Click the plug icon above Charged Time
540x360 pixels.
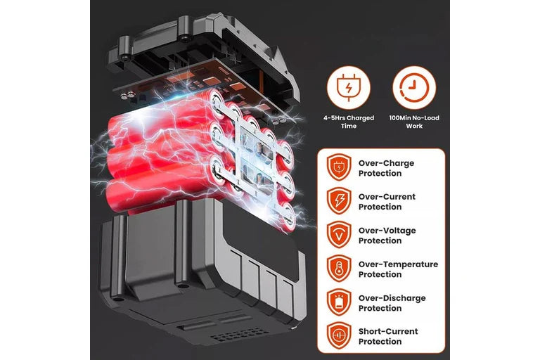[x=348, y=87]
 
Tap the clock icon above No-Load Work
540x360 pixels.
[x=413, y=87]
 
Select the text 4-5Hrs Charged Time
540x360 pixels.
[x=349, y=122]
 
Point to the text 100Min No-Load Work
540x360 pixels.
[x=414, y=122]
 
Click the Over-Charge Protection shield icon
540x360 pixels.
[x=339, y=168]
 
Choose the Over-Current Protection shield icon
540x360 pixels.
[x=339, y=202]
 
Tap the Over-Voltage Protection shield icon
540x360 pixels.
[x=339, y=236]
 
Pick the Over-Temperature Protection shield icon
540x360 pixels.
[x=339, y=269]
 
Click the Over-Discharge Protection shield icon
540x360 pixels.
[x=339, y=303]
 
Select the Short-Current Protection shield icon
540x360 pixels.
[x=339, y=336]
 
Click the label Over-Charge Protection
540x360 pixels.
[x=386, y=168]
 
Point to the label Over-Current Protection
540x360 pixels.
[x=387, y=202]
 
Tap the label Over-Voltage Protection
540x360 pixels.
[x=387, y=236]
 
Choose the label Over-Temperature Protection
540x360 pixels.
[x=398, y=269]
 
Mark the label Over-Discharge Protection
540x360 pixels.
[x=392, y=303]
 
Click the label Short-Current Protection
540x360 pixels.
[x=388, y=336]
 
